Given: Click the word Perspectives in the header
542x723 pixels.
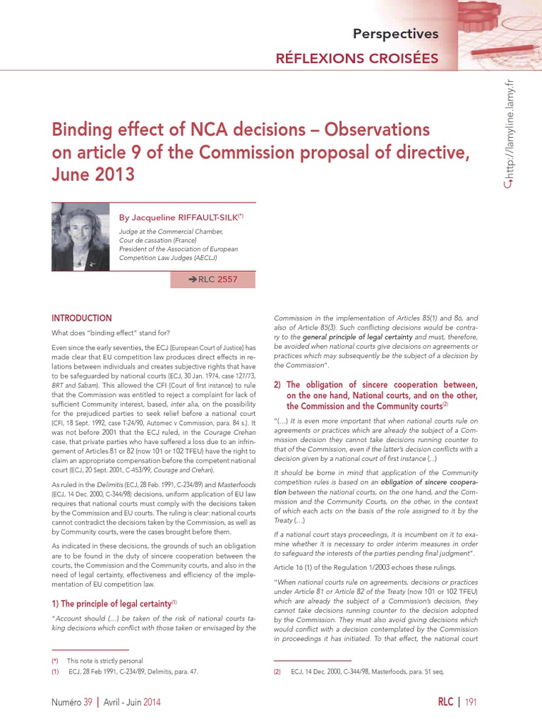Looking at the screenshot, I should (395, 33).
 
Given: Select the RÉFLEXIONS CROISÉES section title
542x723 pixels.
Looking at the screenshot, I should (356, 59).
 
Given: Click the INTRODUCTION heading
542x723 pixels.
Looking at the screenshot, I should (81, 318).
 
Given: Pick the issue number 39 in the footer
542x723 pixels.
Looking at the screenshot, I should (88, 702).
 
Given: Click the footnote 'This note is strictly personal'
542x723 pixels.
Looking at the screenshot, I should (104, 661).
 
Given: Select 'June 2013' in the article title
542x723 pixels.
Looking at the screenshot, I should (92, 174).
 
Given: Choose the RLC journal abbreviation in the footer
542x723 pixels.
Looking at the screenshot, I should (445, 702).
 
